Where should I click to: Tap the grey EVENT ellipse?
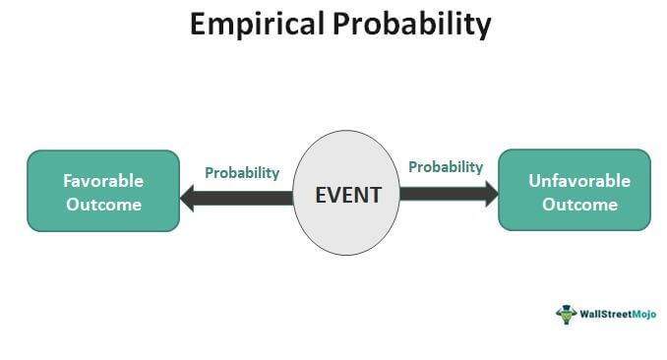(x=346, y=157)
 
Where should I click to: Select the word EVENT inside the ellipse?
(x=347, y=194)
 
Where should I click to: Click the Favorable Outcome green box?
(x=102, y=191)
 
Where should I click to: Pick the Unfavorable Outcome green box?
(x=574, y=191)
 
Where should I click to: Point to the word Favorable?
(x=103, y=181)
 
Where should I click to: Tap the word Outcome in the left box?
(x=103, y=205)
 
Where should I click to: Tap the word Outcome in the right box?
(x=579, y=205)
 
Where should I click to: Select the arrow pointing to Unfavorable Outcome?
(x=448, y=193)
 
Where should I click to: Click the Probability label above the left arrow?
(x=242, y=172)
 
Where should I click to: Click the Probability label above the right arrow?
(x=446, y=167)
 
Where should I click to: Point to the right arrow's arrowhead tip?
(x=498, y=193)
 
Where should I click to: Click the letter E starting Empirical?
(x=198, y=24)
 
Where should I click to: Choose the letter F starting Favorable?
(x=68, y=181)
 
